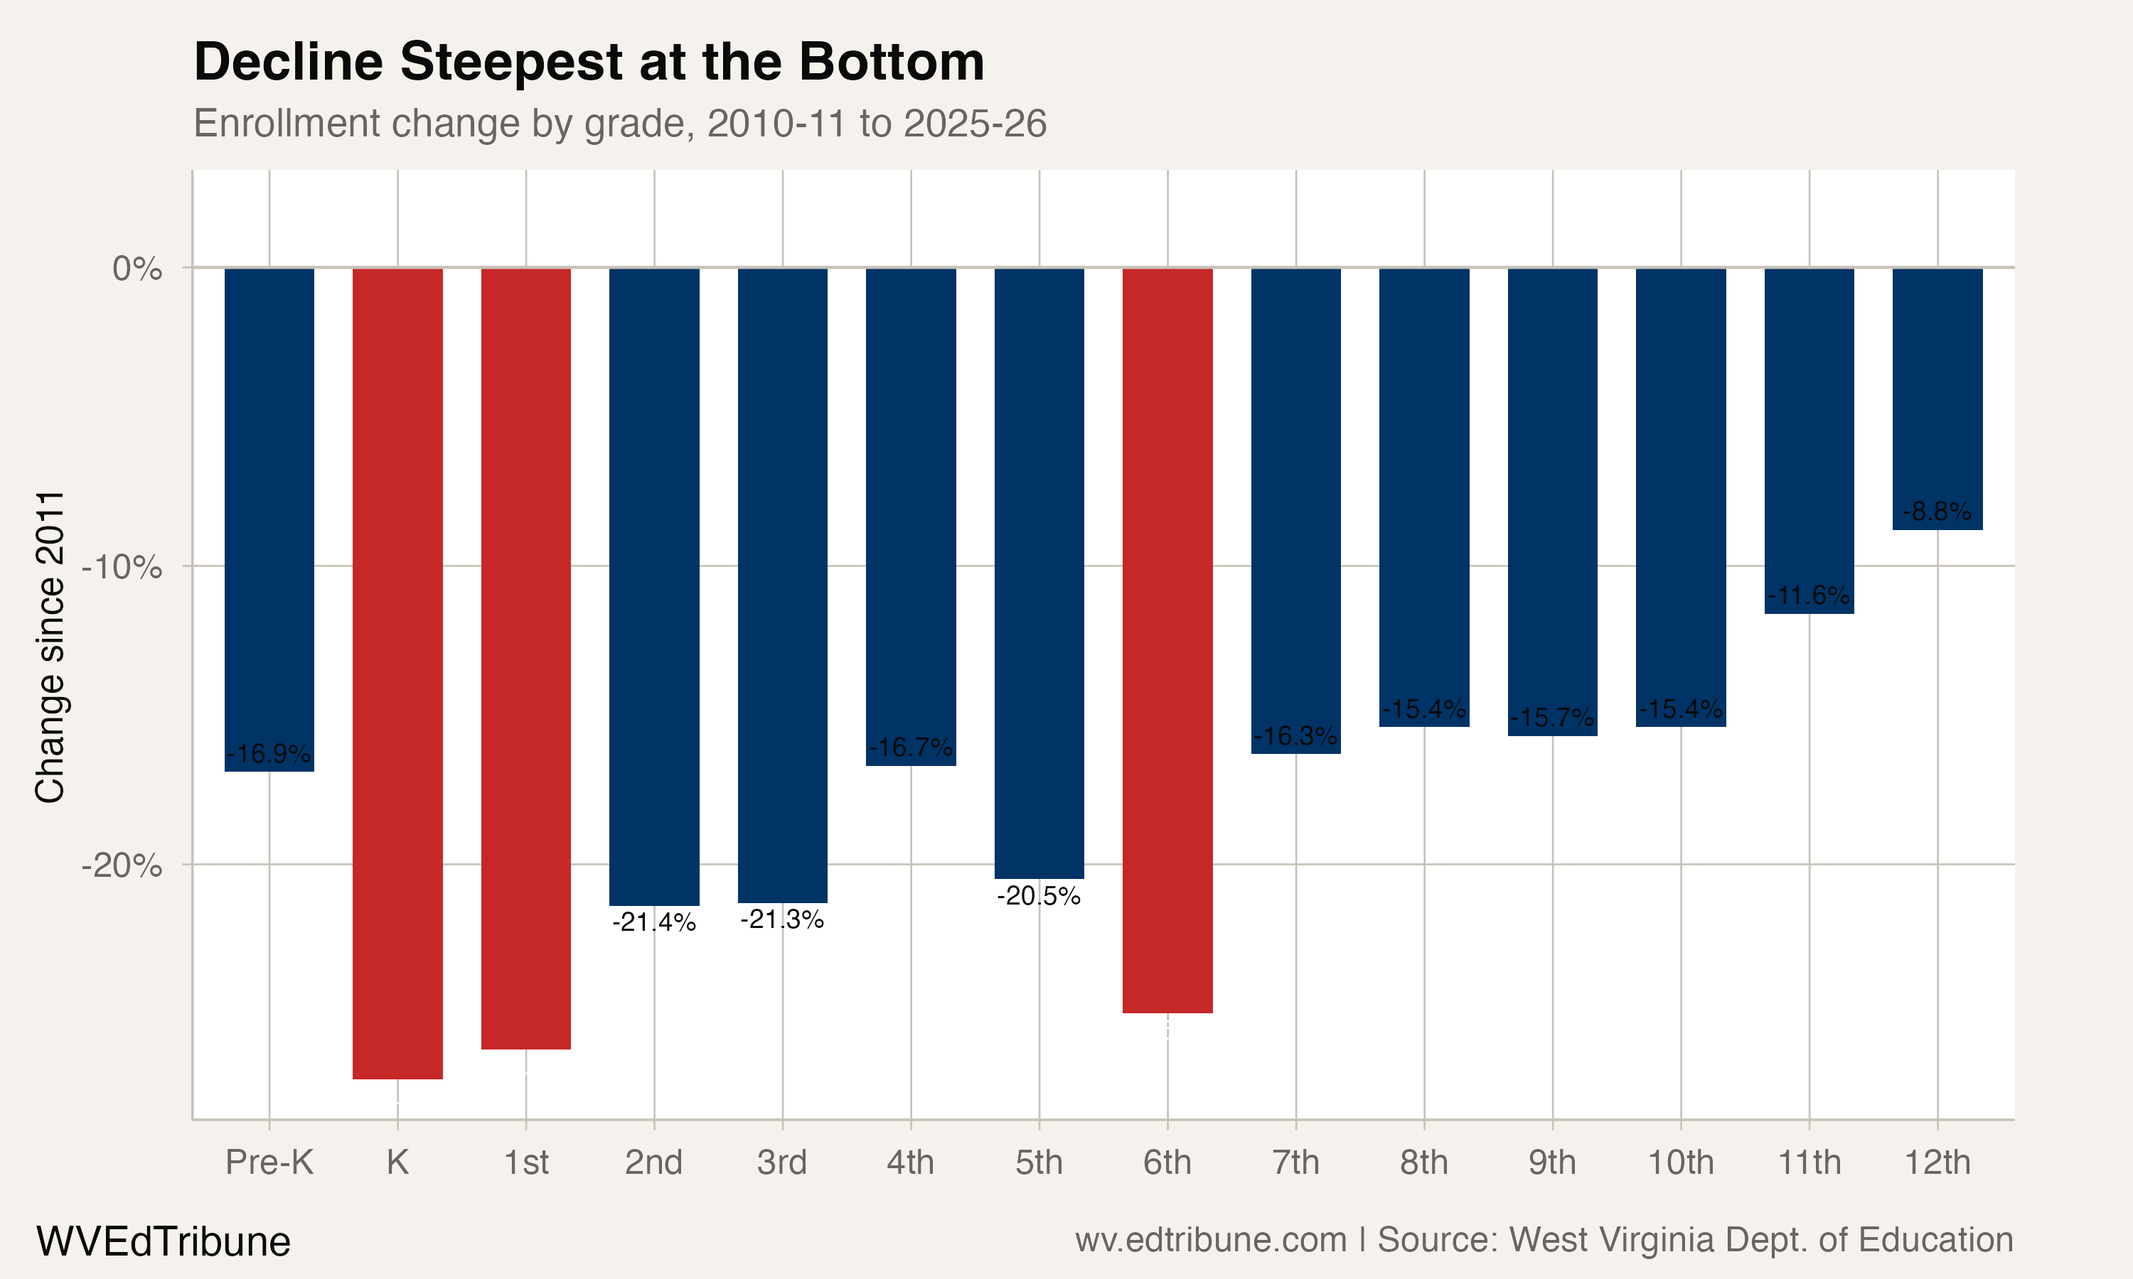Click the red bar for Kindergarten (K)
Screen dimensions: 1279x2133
(x=397, y=672)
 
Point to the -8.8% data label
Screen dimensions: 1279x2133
(x=1937, y=512)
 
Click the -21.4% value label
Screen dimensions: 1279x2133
(x=654, y=922)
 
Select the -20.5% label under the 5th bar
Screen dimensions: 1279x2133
(x=1039, y=896)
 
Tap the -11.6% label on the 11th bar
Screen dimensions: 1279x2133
(x=1809, y=595)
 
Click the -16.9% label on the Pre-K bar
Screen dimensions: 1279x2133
(x=269, y=754)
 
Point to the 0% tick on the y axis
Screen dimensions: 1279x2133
(x=137, y=269)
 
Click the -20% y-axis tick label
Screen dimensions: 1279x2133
(x=122, y=865)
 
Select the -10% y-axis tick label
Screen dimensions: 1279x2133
(x=122, y=567)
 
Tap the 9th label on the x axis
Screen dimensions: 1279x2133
(x=1552, y=1162)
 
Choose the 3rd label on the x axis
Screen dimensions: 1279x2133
(x=782, y=1162)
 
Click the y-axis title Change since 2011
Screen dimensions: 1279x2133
(x=50, y=647)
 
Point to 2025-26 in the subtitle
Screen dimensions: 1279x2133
(x=975, y=123)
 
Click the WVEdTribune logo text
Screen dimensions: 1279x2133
(x=163, y=1241)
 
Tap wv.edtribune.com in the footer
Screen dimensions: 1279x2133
(x=1211, y=1240)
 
